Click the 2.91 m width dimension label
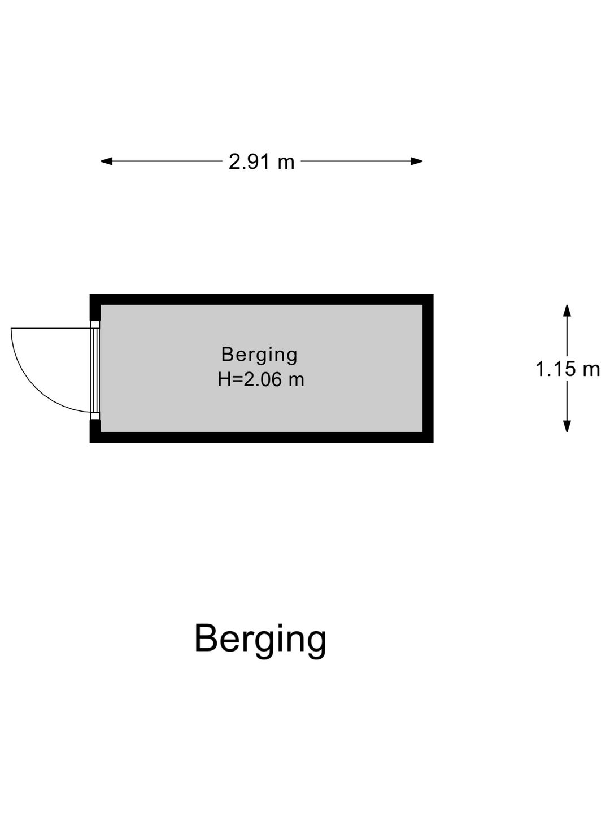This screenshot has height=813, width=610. (x=262, y=162)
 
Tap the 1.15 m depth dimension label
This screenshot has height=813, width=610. (x=568, y=369)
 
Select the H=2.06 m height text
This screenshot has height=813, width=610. (x=261, y=379)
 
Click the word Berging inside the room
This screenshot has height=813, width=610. (x=259, y=355)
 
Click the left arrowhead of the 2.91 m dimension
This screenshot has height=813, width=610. (x=106, y=161)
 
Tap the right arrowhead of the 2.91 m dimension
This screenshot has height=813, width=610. (x=417, y=161)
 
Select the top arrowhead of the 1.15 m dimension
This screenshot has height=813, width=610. (x=567, y=311)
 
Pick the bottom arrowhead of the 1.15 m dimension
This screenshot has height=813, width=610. (x=567, y=426)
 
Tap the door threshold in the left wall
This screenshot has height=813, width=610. (x=95, y=370)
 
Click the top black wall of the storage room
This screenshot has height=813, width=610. (x=262, y=299)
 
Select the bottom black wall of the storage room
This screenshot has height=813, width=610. (x=262, y=437)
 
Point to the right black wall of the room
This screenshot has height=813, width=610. (x=428, y=368)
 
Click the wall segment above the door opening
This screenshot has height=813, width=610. (x=95, y=308)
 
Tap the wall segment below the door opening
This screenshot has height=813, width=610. (x=95, y=431)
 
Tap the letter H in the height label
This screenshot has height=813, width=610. (x=224, y=379)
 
